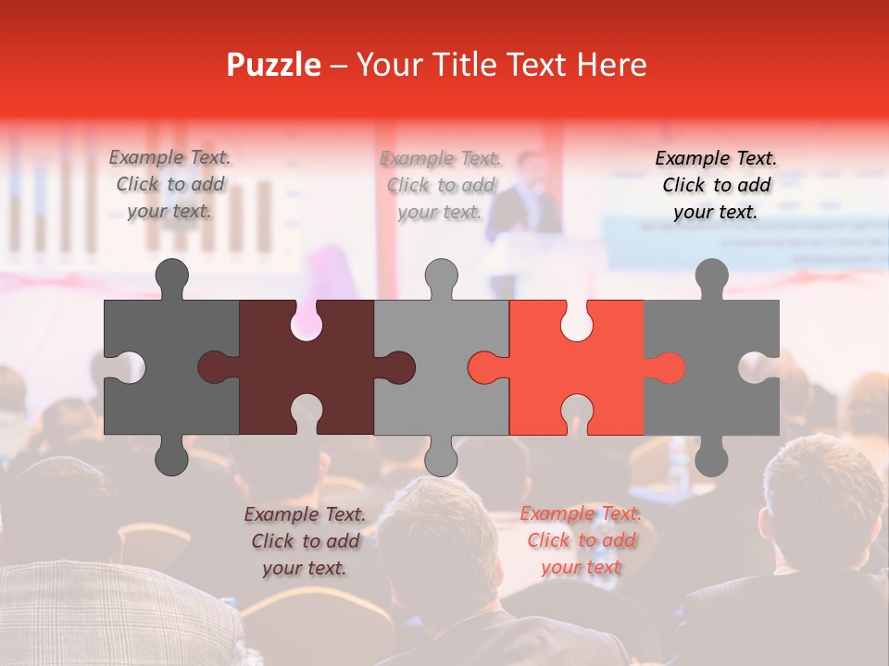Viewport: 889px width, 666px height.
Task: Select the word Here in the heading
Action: click(611, 65)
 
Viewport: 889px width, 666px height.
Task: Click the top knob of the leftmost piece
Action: click(171, 277)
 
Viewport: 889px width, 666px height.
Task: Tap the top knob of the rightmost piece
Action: click(711, 277)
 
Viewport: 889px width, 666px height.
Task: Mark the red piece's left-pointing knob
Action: click(485, 367)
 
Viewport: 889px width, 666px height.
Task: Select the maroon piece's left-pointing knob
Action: click(216, 367)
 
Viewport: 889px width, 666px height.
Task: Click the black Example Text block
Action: click(716, 185)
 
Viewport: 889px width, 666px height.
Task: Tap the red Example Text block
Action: click(581, 540)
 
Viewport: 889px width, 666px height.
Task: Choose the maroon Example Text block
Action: click(305, 541)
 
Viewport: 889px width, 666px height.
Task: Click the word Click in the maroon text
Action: click(272, 541)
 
